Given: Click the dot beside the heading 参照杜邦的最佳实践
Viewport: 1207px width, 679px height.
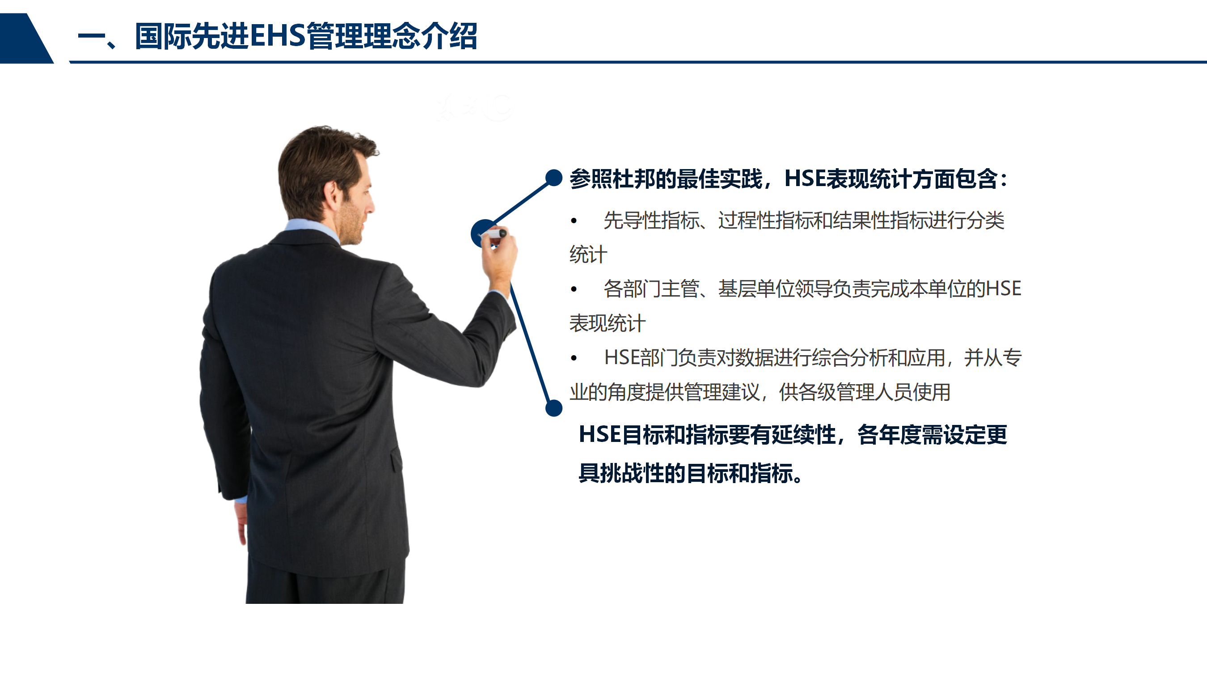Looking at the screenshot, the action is tap(554, 178).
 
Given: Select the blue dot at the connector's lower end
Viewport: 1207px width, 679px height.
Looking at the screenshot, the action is tap(554, 408).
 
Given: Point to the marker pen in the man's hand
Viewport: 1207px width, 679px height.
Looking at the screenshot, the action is tap(493, 233).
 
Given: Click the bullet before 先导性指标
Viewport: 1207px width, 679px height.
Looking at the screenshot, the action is tap(574, 221).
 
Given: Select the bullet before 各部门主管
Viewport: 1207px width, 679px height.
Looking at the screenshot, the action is tap(574, 289).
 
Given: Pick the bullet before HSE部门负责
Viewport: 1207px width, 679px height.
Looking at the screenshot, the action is tap(574, 358).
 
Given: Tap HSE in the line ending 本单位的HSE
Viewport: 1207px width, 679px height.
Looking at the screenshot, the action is tap(1003, 289).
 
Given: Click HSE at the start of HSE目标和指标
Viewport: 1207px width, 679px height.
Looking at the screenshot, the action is tap(600, 434).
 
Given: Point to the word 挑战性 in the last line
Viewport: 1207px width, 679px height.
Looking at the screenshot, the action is tap(633, 473).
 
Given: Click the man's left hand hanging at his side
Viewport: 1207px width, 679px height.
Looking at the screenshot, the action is tap(241, 523).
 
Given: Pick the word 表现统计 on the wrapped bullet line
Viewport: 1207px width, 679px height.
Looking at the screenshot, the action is tap(607, 323).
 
